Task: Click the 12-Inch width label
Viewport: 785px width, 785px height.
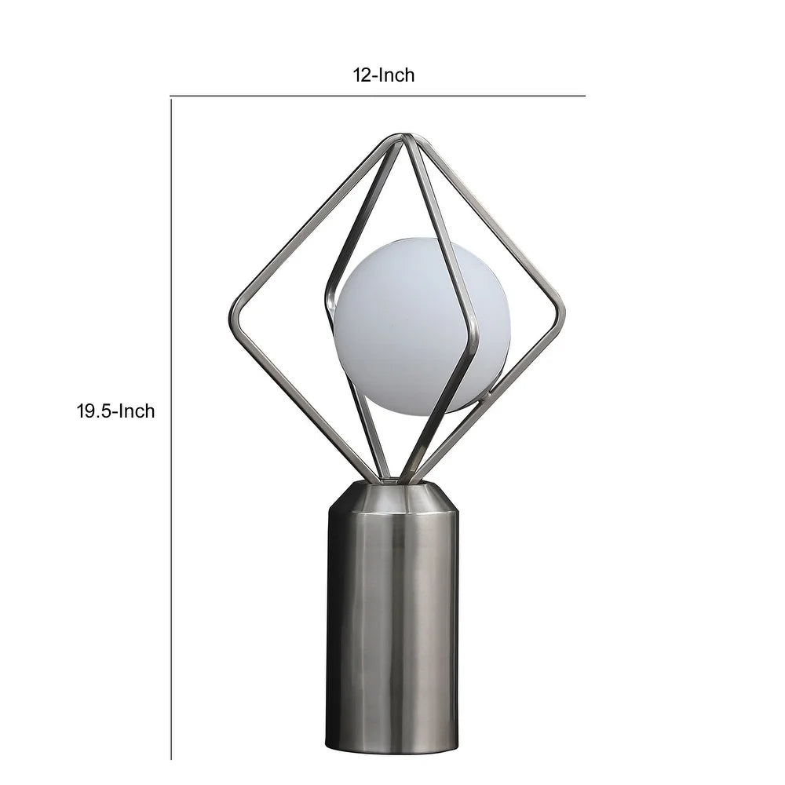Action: coord(383,75)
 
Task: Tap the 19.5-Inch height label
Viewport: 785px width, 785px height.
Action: coord(115,411)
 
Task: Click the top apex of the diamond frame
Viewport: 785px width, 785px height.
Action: coord(405,138)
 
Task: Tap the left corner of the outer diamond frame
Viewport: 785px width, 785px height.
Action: coord(233,318)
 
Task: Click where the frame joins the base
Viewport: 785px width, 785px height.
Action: coord(393,479)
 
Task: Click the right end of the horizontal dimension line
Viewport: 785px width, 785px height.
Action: coord(585,97)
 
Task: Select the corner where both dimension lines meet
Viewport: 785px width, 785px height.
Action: coord(171,97)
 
